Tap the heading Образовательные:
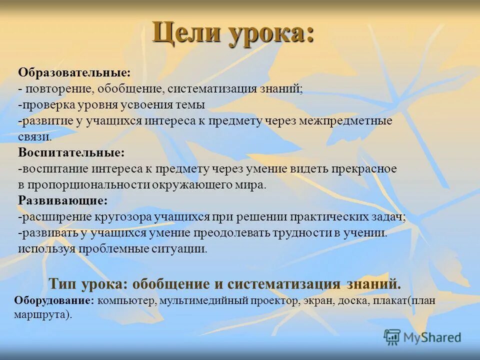pos(74,72)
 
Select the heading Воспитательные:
pos(71,152)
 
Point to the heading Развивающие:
pos(63,200)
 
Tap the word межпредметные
pos(345,121)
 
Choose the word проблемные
pos(108,249)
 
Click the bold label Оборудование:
pos(54,301)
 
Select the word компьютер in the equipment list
pos(125,301)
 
